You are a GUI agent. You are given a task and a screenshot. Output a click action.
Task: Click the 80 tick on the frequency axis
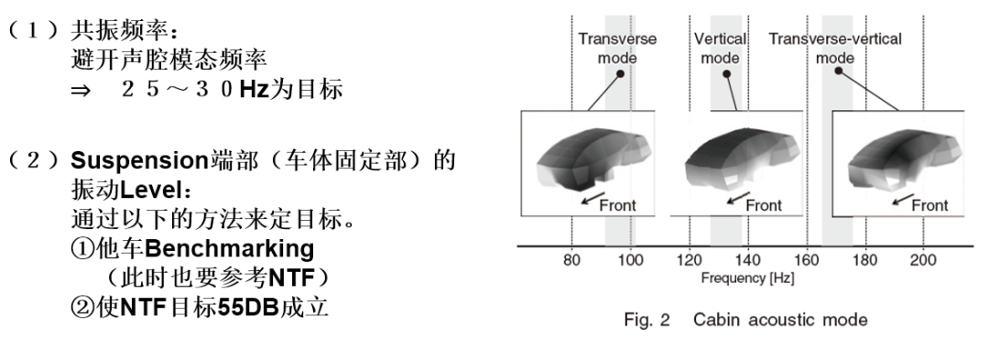click(x=571, y=260)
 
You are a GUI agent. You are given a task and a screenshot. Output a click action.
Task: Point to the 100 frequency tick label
click(x=630, y=260)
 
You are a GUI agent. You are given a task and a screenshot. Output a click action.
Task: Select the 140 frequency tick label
click(x=748, y=260)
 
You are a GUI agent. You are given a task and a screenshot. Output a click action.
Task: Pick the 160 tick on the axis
click(x=807, y=260)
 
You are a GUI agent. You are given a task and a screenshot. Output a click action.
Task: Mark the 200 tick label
click(x=924, y=260)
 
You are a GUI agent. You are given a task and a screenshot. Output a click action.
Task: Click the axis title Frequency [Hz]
click(x=747, y=278)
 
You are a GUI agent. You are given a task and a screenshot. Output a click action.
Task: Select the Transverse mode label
click(x=617, y=49)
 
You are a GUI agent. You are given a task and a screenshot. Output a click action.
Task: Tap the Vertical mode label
click(x=721, y=49)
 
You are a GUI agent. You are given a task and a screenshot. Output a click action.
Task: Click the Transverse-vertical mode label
click(x=835, y=49)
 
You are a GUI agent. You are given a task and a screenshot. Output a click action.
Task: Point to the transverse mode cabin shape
click(x=591, y=162)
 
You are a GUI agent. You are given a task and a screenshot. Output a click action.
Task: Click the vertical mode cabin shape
click(x=742, y=162)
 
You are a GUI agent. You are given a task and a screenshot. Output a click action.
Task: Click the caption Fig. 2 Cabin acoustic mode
click(x=745, y=320)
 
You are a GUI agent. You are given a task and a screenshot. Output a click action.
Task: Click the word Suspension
click(x=139, y=161)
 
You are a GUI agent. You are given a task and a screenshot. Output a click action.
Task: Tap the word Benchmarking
click(x=229, y=248)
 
